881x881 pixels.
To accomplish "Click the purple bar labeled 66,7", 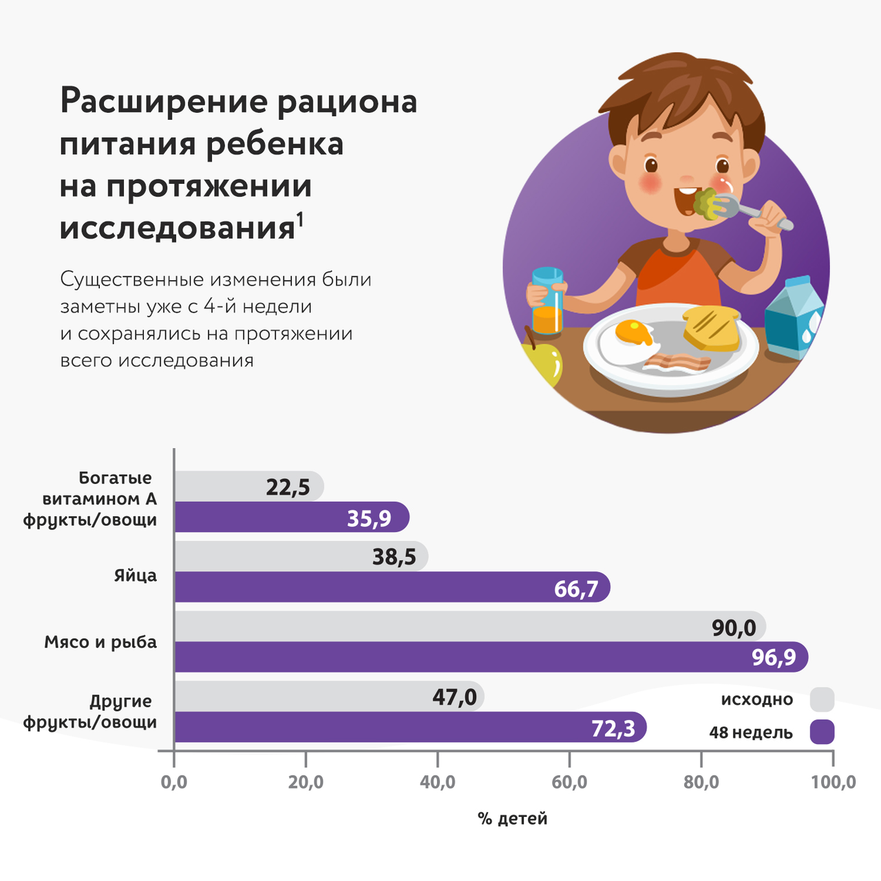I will [x=392, y=587].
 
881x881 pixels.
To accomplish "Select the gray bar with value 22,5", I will [x=248, y=487].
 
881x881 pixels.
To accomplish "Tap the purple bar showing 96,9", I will [x=491, y=657].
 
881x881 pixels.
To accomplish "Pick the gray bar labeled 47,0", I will [x=329, y=697].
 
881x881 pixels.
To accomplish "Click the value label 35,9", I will [x=369, y=518].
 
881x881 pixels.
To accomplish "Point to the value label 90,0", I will [x=733, y=627].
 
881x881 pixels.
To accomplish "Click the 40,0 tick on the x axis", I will [x=438, y=783].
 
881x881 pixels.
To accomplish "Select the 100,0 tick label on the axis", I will [x=833, y=783].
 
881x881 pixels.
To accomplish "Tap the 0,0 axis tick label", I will [x=174, y=783].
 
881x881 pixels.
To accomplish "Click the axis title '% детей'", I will [x=513, y=818].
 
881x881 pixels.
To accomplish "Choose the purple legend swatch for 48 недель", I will [x=822, y=732].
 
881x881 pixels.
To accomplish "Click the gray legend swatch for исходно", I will [x=822, y=699].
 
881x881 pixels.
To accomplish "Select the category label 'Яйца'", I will [x=136, y=575].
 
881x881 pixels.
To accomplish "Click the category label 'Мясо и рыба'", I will [x=100, y=642].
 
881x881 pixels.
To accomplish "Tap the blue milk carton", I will [x=795, y=318].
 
